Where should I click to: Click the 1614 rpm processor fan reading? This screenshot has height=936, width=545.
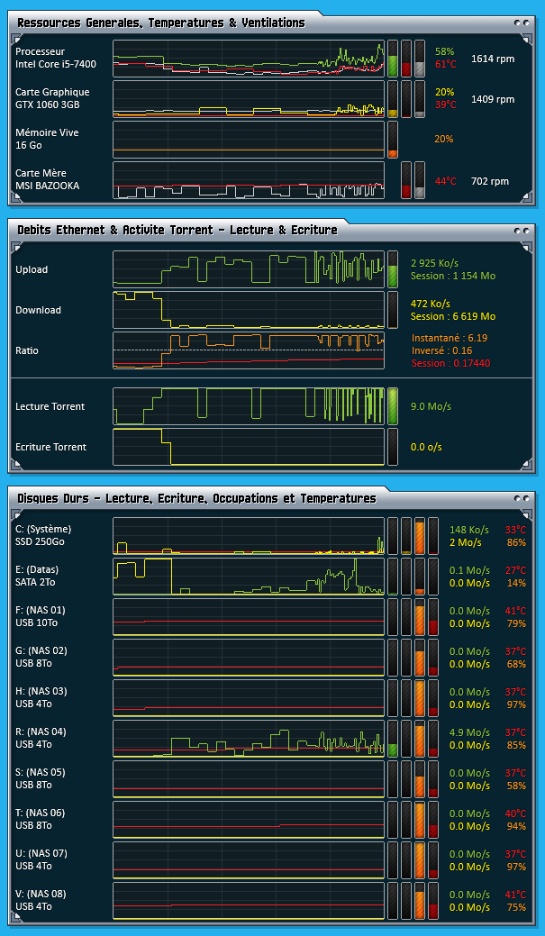click(492, 59)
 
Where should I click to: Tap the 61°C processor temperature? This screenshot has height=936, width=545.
click(445, 65)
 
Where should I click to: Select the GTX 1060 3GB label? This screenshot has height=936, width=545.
click(48, 105)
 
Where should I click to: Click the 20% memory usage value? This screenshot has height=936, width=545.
click(443, 139)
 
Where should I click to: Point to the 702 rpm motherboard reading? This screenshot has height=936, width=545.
click(489, 181)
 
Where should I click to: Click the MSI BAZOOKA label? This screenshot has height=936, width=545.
click(47, 186)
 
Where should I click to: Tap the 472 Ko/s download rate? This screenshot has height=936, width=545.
click(431, 304)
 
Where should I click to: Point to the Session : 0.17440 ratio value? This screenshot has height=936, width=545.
click(446, 363)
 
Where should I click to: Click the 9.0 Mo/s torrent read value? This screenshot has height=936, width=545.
click(431, 406)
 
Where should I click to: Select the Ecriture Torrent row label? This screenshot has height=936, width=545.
click(50, 447)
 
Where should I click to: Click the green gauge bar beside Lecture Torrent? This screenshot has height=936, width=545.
click(393, 406)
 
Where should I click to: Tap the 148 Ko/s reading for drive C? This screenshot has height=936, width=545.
click(468, 530)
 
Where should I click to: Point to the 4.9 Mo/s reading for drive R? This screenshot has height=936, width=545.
click(469, 732)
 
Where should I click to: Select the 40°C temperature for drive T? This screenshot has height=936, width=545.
click(515, 813)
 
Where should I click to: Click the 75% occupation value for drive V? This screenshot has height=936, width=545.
click(516, 907)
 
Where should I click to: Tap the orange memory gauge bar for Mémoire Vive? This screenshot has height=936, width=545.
click(393, 141)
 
